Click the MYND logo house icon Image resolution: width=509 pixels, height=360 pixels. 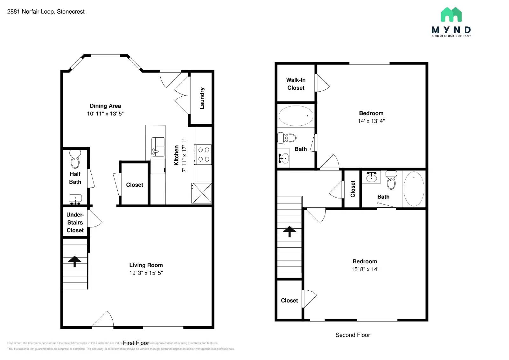pyautogui.click(x=451, y=15)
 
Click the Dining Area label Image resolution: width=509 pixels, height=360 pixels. pyautogui.click(x=105, y=106)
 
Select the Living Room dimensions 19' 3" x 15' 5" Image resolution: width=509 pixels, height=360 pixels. pyautogui.click(x=146, y=273)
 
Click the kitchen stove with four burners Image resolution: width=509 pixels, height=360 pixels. pyautogui.click(x=204, y=155)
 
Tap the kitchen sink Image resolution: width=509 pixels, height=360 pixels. pyautogui.click(x=158, y=147)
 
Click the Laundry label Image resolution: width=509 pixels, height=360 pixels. pyautogui.click(x=202, y=98)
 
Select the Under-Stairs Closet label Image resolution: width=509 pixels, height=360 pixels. pyautogui.click(x=75, y=222)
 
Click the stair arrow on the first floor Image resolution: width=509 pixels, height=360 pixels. pyautogui.click(x=74, y=261)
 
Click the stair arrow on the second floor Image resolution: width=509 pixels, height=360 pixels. pyautogui.click(x=289, y=231)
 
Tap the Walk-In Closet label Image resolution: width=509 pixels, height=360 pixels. pyautogui.click(x=296, y=84)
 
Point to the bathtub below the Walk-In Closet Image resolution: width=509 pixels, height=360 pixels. pyautogui.click(x=296, y=116)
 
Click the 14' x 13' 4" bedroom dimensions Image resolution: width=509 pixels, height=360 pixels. pyautogui.click(x=371, y=121)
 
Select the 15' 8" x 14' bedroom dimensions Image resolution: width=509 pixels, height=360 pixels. pyautogui.click(x=365, y=269)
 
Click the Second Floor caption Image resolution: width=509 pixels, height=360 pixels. pyautogui.click(x=352, y=335)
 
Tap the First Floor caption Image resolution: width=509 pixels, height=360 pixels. pyautogui.click(x=136, y=343)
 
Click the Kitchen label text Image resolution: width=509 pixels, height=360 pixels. pyautogui.click(x=177, y=155)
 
